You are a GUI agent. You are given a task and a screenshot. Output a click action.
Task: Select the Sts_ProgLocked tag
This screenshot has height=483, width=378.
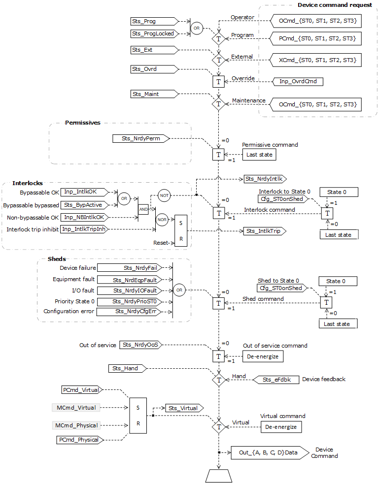(x=153, y=33)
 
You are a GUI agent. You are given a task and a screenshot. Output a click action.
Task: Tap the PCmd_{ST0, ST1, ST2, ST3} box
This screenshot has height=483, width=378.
(x=315, y=38)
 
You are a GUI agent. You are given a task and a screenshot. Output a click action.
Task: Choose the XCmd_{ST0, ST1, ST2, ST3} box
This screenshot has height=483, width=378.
(x=315, y=60)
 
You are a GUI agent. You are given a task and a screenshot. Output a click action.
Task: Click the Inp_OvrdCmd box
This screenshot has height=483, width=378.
(x=298, y=81)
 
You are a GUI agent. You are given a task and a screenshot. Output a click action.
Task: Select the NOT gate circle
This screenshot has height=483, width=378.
(x=164, y=195)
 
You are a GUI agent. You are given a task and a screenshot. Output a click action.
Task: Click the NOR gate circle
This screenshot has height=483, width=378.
(x=162, y=220)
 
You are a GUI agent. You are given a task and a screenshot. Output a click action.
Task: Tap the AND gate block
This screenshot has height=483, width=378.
(x=143, y=209)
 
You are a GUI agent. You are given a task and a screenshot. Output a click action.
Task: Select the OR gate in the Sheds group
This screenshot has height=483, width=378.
(x=179, y=290)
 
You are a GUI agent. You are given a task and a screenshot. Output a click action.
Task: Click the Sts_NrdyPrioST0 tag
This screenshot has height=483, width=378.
(x=134, y=301)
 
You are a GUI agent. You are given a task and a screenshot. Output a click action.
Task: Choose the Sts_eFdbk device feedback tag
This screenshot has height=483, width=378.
(x=275, y=379)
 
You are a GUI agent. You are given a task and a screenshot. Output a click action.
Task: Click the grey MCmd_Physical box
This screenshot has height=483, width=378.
(x=76, y=425)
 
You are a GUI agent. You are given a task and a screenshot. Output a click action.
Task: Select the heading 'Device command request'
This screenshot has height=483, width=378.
(x=335, y=4)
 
